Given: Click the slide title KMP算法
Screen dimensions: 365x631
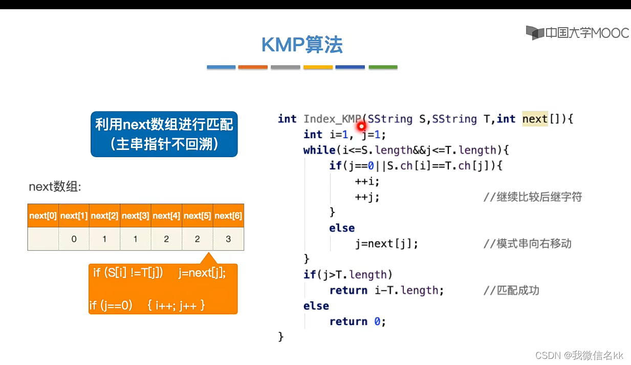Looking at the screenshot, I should coord(302,45).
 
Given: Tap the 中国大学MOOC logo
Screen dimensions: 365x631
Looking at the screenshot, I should coord(577,33).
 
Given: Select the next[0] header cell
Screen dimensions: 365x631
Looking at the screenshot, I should coord(43,216).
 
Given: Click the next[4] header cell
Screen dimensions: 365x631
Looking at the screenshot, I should coord(166,216).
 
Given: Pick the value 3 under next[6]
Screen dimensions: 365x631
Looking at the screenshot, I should coord(228,239).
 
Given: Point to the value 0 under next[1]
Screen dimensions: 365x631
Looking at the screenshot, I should coord(74,239).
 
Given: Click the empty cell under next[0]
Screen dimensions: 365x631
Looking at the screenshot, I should coord(43,239).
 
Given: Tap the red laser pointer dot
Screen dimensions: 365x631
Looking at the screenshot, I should coord(361,125).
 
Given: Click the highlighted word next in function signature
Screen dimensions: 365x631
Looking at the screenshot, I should coord(535,119).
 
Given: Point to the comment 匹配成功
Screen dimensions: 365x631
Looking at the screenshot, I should coord(511,290).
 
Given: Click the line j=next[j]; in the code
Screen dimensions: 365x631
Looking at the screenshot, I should coord(386,244).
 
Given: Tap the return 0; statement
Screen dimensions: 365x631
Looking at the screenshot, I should coord(357,321).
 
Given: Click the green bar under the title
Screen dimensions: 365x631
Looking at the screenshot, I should coord(383,67).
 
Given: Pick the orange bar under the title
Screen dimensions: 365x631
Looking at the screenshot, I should coord(253,67).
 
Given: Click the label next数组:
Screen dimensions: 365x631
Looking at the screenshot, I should coord(55,187).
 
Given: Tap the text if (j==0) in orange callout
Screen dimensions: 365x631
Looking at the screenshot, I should coord(111,306).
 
